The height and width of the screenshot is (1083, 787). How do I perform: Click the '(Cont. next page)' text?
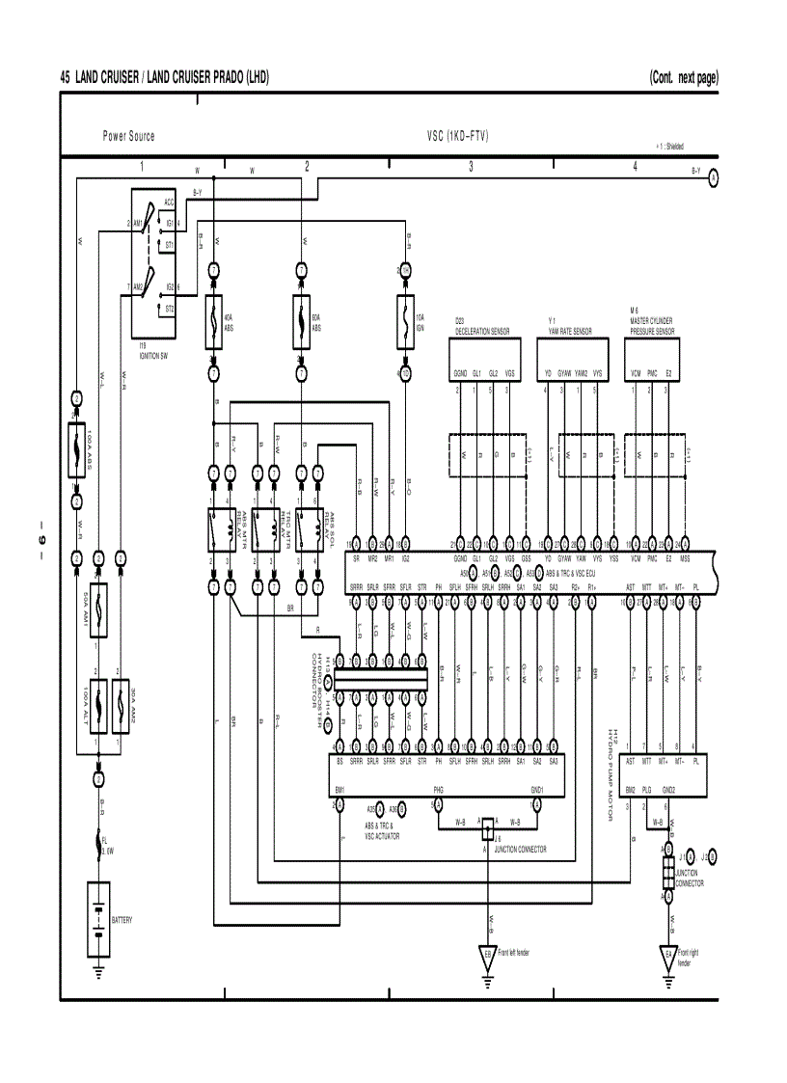(x=684, y=77)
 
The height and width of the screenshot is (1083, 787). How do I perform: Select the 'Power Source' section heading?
(x=128, y=136)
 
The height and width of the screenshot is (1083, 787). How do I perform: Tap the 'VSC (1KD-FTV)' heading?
(x=457, y=136)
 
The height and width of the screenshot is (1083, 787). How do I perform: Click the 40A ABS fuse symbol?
(x=214, y=321)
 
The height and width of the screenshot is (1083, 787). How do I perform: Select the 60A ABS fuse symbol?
(x=303, y=321)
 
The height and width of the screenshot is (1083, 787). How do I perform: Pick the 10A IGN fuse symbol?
(x=404, y=321)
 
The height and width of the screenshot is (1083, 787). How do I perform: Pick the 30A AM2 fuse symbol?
(x=120, y=705)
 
